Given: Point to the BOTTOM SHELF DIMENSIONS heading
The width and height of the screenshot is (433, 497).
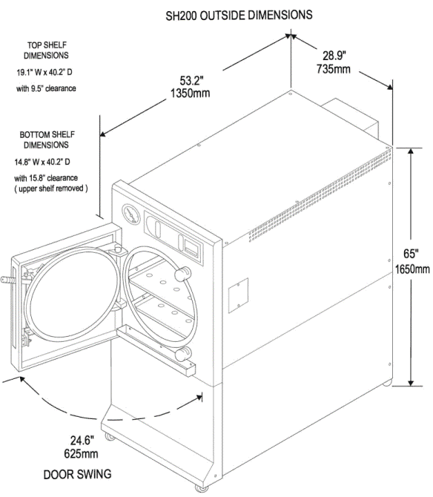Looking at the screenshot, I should click(47, 140).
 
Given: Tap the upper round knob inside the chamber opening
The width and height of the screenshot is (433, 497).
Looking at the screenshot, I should click(177, 276).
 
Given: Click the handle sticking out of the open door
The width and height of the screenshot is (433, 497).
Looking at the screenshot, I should click(7, 282).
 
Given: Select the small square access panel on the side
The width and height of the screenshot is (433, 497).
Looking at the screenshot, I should click(238, 294).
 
